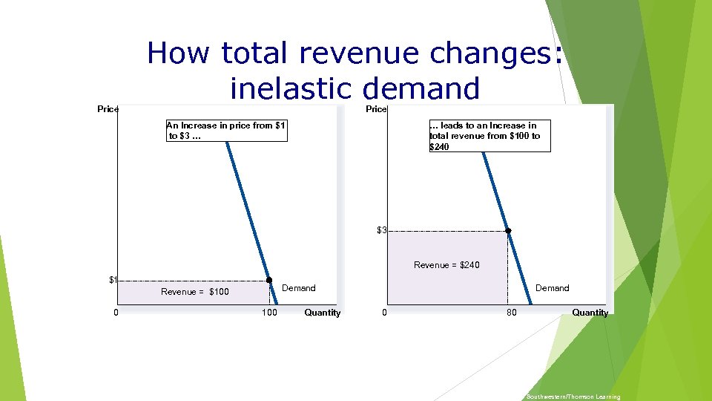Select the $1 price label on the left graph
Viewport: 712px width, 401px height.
coord(113,280)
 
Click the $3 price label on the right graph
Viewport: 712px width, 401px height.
coord(382,231)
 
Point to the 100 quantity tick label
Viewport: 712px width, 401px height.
coord(269,313)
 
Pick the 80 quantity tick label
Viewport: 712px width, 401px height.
coord(512,313)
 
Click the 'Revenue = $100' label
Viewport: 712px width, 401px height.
coord(195,292)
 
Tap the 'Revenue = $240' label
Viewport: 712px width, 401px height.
coord(446,265)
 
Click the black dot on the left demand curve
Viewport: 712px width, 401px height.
coord(269,280)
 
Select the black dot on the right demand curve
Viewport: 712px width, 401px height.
coord(508,231)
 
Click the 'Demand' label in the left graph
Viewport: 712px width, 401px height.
coord(299,288)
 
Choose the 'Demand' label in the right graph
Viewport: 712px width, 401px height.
coord(553,288)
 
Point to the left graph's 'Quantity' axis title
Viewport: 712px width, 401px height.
coord(323,313)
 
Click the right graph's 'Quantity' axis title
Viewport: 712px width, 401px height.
coord(590,313)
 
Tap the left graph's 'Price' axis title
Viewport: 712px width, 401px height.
coord(108,110)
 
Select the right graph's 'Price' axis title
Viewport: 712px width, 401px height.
coord(377,110)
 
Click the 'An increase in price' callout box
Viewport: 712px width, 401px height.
coord(226,131)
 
